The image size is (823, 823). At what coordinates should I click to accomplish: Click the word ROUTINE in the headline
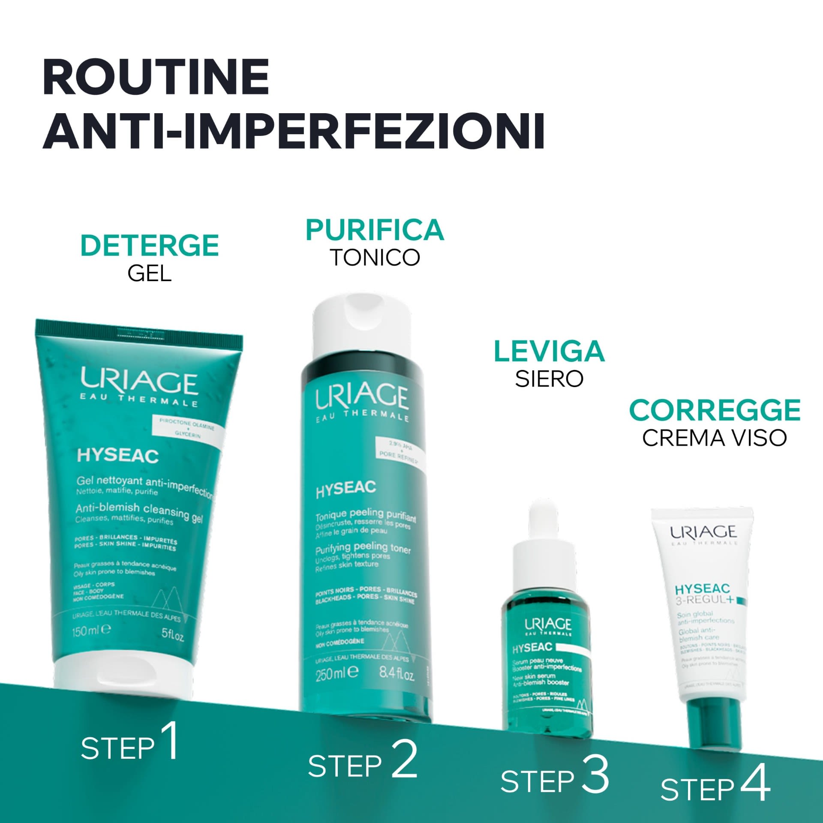click(156, 77)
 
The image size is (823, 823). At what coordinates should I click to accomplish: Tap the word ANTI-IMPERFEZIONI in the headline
click(294, 131)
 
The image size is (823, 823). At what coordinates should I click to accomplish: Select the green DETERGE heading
click(150, 245)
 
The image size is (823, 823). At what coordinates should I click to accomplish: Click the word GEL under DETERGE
click(150, 273)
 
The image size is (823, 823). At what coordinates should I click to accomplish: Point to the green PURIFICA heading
click(375, 230)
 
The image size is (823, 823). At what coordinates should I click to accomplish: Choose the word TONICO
click(375, 258)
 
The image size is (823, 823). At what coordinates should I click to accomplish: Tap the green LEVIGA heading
click(549, 351)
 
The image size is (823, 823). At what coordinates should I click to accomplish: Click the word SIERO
click(549, 379)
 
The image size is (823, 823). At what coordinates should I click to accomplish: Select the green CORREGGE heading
click(715, 410)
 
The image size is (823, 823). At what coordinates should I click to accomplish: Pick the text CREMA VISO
click(715, 438)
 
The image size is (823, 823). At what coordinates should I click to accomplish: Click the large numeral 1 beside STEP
click(170, 753)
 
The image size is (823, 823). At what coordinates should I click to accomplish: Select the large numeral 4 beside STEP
click(756, 796)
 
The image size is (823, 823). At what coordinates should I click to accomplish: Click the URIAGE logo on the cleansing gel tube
click(139, 381)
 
